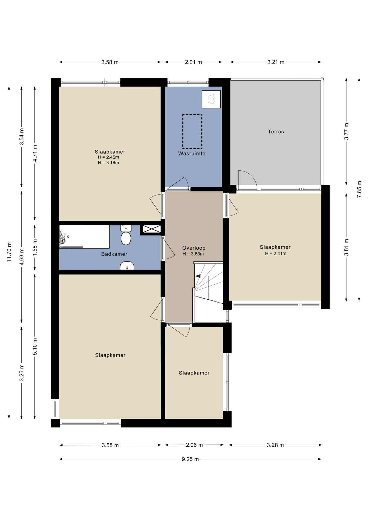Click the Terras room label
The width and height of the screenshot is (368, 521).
tap(276, 132)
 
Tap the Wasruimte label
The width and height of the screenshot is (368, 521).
tap(192, 154)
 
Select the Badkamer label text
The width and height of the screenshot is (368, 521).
tap(114, 254)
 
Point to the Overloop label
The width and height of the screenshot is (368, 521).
tap(194, 248)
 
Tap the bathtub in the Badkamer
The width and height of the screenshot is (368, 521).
tap(85, 237)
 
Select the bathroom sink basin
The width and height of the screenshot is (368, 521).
tap(127, 266)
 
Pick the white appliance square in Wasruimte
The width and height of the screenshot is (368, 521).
tap(211, 99)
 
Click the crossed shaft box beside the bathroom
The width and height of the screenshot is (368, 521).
tap(152, 229)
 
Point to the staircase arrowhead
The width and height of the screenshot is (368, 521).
tap(198, 276)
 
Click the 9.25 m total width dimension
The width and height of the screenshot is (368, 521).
tap(190, 459)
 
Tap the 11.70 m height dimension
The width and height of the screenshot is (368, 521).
tap(9, 252)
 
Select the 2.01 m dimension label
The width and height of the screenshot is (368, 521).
tap(193, 62)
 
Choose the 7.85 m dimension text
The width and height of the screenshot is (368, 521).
tap(359, 189)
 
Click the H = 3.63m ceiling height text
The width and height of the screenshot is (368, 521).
tap(193, 254)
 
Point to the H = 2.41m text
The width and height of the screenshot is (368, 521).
tap(276, 253)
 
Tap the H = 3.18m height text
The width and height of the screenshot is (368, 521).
tap(108, 163)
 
